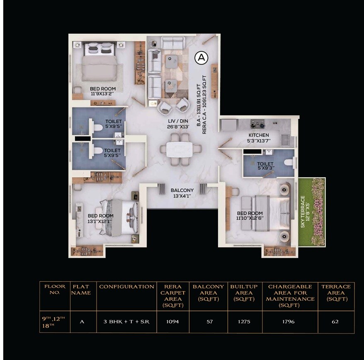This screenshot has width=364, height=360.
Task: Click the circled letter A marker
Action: click(201, 58)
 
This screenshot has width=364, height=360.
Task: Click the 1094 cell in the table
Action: click(172, 321)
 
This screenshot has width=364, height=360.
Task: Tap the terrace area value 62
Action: click(335, 321)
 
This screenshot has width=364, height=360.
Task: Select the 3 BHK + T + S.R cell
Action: click(126, 321)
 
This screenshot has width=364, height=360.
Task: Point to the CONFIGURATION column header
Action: click(126, 287)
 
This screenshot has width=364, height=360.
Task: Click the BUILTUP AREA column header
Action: click(244, 292)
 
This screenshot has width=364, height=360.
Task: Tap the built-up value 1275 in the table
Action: click(244, 321)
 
